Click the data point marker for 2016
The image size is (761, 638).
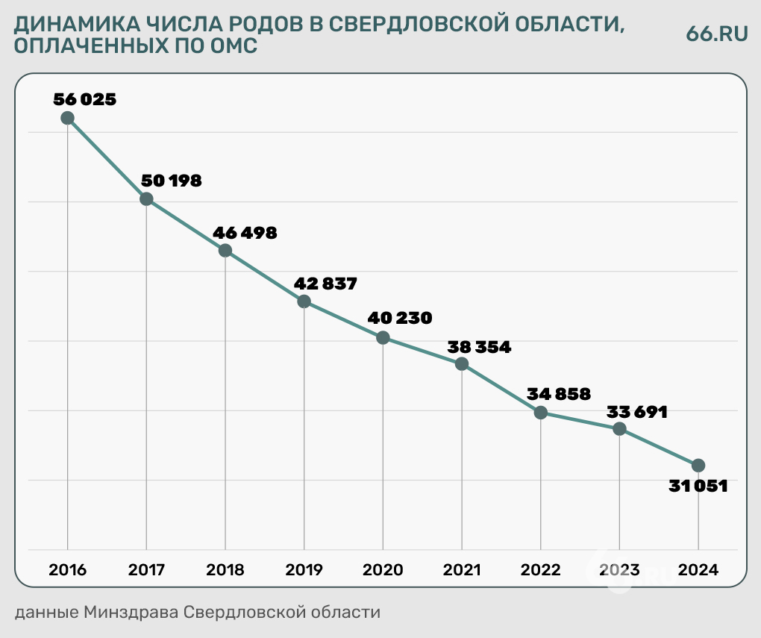[x=67, y=117]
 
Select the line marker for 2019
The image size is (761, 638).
[x=304, y=301]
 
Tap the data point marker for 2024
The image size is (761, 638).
[x=698, y=465]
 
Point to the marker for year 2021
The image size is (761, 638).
[x=462, y=364]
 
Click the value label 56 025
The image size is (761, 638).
[x=85, y=98]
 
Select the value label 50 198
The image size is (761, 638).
[x=171, y=180]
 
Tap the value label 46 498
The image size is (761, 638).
[x=245, y=232]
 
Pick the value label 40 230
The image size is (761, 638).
[x=400, y=318]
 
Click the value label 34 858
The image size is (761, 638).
[x=558, y=393]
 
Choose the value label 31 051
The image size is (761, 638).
[x=698, y=487]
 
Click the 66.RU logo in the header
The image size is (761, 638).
[x=716, y=34]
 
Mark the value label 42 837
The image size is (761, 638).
[x=326, y=284]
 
